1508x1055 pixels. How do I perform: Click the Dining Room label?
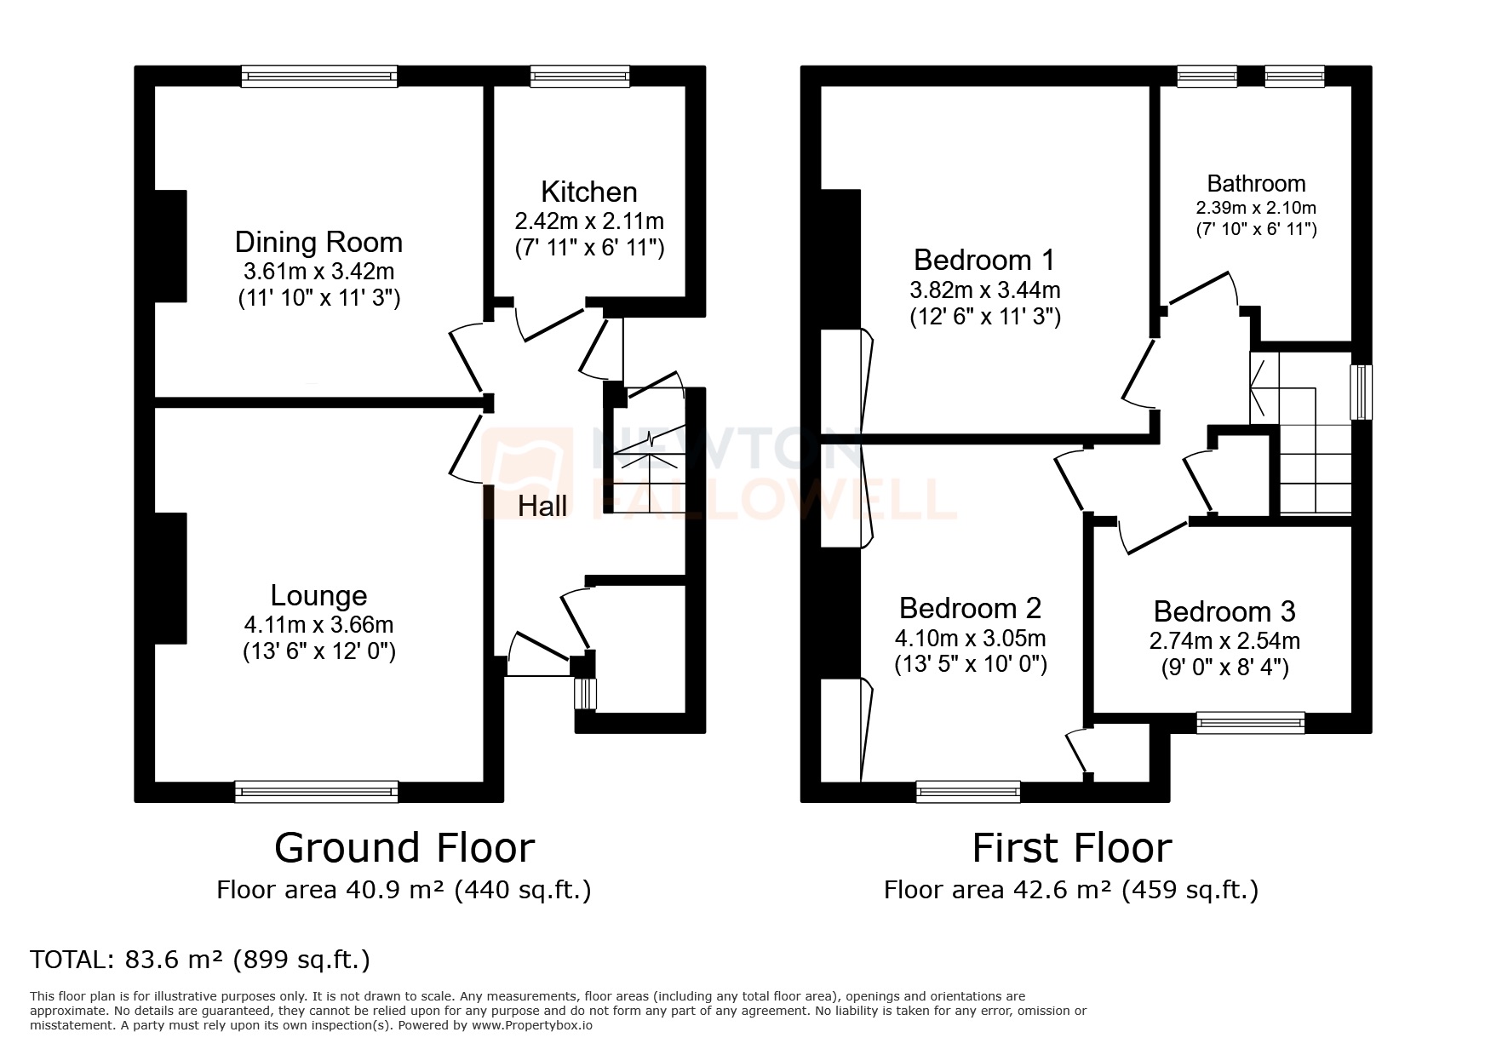318,243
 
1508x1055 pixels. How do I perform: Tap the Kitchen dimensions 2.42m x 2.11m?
589,221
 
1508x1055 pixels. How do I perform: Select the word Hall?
542,507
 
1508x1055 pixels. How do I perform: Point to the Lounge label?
318,595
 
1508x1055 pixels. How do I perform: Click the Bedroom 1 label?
984,259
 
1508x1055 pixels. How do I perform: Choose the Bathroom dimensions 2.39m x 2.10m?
1256,208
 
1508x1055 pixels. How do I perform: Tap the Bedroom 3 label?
1224,611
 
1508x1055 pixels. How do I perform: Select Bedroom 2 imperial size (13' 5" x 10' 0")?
971,664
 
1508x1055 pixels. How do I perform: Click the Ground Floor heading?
404,848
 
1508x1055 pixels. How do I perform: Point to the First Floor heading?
1071,848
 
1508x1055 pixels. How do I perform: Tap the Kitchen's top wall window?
580,77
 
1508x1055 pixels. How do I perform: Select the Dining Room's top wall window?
319,77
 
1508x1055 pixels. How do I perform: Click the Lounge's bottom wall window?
317,792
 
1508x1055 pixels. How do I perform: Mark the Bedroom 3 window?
1250,723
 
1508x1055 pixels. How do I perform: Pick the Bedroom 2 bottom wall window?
968,792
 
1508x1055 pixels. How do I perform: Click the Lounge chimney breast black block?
170,577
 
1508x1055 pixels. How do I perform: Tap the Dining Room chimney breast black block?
170,245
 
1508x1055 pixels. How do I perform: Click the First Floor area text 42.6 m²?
1071,890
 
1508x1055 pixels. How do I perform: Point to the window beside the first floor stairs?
1362,392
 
